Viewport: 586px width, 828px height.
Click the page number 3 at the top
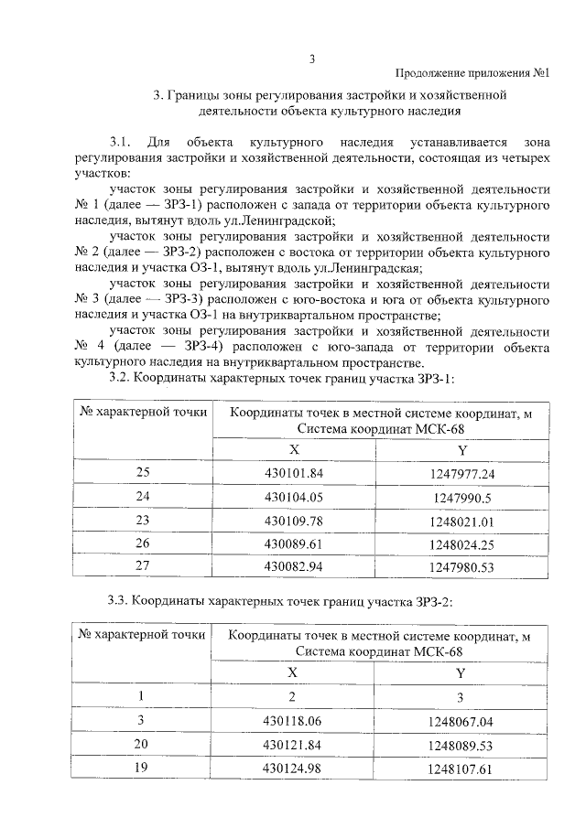pyautogui.click(x=311, y=59)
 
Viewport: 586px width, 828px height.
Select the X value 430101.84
pyautogui.click(x=294, y=473)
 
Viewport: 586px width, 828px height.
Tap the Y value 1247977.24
pyautogui.click(x=462, y=474)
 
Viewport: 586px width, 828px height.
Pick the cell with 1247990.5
pyautogui.click(x=462, y=498)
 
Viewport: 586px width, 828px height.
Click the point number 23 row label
pyautogui.click(x=142, y=520)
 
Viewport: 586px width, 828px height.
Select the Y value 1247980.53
pyautogui.click(x=462, y=567)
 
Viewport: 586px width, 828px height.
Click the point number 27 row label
pyautogui.click(x=142, y=565)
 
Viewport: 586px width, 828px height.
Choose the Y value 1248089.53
pyautogui.click(x=461, y=746)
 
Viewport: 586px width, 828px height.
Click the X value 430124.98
pyautogui.click(x=294, y=768)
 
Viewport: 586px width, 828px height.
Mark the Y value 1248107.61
pyautogui.click(x=461, y=769)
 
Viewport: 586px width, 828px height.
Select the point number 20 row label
pyautogui.click(x=141, y=744)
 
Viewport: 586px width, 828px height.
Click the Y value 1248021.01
pyautogui.click(x=462, y=522)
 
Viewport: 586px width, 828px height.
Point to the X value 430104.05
pyautogui.click(x=294, y=497)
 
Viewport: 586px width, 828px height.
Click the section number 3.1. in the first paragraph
pyautogui.click(x=121, y=144)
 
